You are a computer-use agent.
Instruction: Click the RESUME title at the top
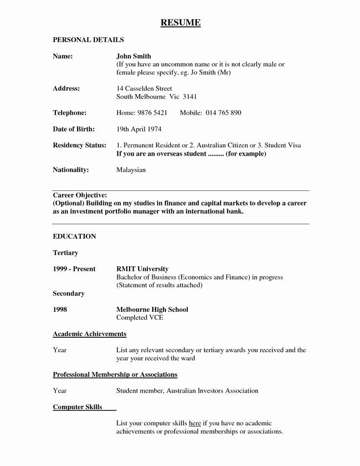point(180,23)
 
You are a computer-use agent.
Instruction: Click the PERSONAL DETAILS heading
point(88,40)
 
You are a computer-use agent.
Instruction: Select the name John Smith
point(134,56)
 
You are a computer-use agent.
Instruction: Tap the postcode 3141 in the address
point(189,97)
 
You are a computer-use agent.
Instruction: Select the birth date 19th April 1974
point(138,129)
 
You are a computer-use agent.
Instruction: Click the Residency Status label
point(79,145)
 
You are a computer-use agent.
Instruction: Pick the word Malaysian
point(131,170)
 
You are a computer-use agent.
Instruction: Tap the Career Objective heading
point(80,195)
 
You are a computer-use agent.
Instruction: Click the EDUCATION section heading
point(74,236)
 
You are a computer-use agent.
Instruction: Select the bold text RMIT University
point(142,269)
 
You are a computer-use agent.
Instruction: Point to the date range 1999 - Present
point(74,269)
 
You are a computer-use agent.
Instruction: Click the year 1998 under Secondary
point(60,309)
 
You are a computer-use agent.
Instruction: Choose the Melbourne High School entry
point(152,309)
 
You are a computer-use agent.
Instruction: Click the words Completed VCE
point(139,318)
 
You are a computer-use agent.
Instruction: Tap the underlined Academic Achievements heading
point(90,334)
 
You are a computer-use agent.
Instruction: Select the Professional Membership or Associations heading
point(115,374)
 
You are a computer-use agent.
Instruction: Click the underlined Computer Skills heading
point(77,407)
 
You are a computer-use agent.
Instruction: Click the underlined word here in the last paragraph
point(195,423)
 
